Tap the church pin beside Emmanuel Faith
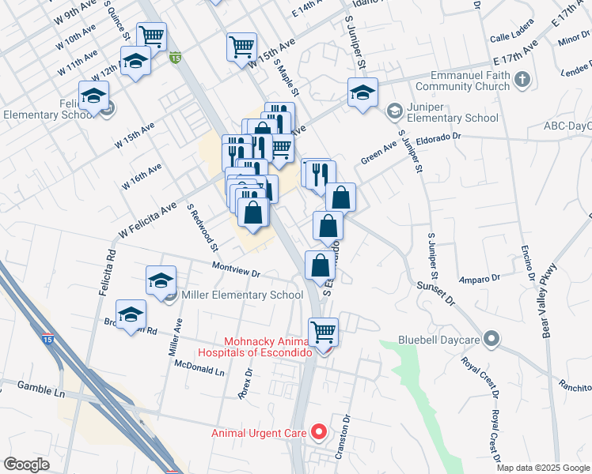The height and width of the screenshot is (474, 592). click(522, 79)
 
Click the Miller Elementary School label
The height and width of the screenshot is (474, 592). click(242, 295)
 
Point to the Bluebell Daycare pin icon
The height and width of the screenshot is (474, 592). click(491, 340)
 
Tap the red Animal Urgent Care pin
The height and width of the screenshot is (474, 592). click(319, 431)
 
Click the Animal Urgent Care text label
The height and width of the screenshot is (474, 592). click(260, 432)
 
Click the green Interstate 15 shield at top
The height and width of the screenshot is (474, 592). click(176, 57)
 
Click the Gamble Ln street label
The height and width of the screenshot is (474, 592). click(32, 388)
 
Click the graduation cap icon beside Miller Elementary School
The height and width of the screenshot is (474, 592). click(161, 280)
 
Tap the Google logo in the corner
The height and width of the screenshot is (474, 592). click(26, 465)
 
